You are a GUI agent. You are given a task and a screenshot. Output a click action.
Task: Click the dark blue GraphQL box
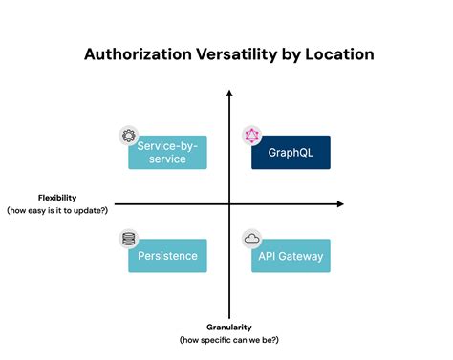click(291, 152)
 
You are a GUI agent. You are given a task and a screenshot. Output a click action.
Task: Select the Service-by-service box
click(168, 152)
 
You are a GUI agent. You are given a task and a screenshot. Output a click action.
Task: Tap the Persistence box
click(167, 256)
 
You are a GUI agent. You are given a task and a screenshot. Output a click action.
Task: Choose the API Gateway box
click(291, 256)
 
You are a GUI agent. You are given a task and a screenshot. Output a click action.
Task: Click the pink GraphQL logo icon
click(251, 136)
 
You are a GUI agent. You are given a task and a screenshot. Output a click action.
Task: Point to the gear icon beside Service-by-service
click(128, 136)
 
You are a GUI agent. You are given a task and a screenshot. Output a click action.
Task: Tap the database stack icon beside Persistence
click(128, 239)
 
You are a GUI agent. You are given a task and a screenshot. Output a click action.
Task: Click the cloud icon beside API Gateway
click(251, 239)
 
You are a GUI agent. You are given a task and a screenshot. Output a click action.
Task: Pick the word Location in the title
click(340, 54)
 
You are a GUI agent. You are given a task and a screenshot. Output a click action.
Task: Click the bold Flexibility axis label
click(57, 198)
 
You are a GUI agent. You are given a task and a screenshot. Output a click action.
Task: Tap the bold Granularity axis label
click(229, 327)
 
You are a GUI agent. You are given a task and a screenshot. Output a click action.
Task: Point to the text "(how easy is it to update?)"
click(57, 209)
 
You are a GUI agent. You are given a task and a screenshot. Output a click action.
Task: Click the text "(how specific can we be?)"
click(229, 339)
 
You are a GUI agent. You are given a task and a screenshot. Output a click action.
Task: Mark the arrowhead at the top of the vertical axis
click(229, 93)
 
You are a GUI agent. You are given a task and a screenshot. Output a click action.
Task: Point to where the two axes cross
click(229, 204)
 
